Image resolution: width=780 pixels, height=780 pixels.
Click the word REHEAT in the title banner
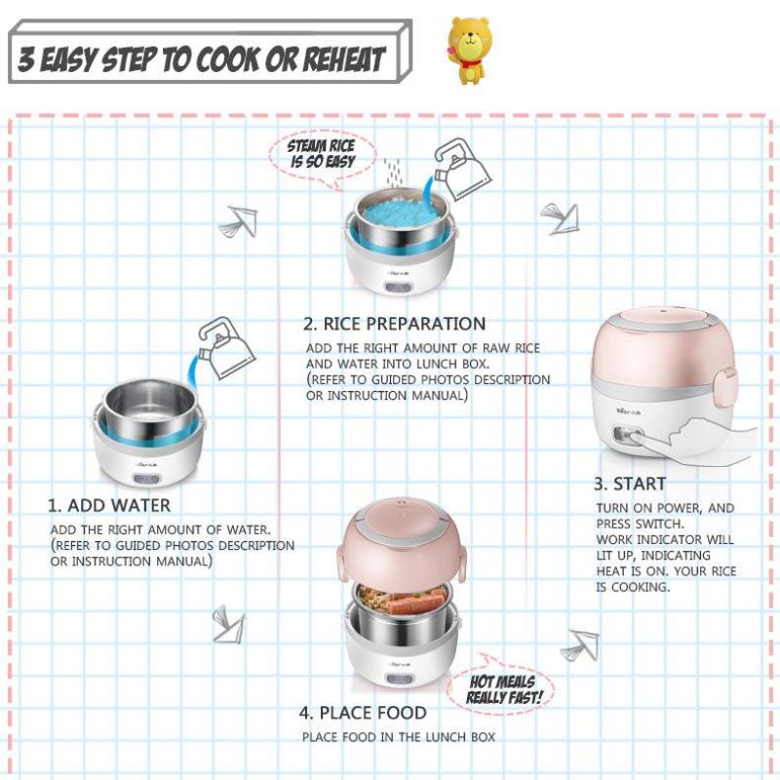pyautogui.click(x=344, y=59)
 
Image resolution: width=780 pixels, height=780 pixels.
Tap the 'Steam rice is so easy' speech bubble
pyautogui.click(x=323, y=159)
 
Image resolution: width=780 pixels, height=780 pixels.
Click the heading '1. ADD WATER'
pyautogui.click(x=109, y=505)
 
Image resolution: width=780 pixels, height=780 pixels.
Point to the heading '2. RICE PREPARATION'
pyautogui.click(x=395, y=324)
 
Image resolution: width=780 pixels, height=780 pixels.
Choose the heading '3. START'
pyautogui.click(x=630, y=484)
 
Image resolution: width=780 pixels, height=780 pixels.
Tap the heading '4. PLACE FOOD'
pyautogui.click(x=363, y=713)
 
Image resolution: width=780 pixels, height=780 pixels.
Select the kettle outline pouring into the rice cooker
pyautogui.click(x=462, y=169)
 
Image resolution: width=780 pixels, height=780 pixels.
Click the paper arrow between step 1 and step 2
pyautogui.click(x=238, y=221)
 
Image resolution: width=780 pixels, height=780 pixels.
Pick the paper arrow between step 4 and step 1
pyautogui.click(x=228, y=624)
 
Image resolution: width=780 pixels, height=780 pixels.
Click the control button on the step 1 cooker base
pyautogui.click(x=148, y=481)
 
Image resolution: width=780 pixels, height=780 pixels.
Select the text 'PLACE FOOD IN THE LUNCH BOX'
pyautogui.click(x=399, y=737)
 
